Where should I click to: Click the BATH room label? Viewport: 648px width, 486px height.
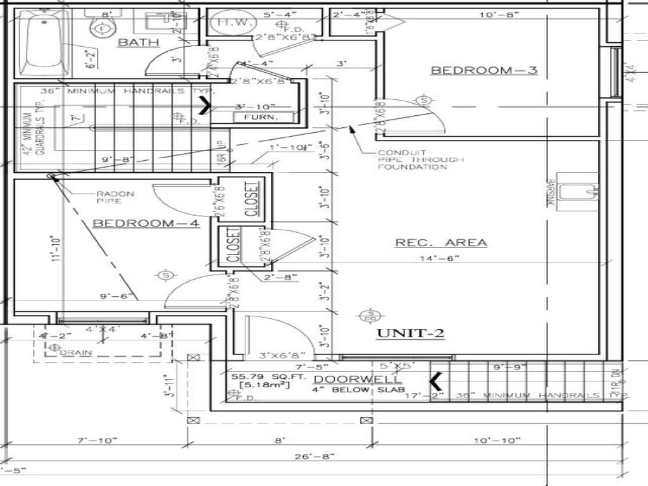tap(139, 42)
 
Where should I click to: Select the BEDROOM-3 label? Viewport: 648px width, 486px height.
tap(484, 70)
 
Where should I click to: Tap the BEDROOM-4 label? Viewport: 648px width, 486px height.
tap(146, 223)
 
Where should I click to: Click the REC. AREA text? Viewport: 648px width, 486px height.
tap(441, 242)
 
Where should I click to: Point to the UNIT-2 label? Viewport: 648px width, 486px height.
tap(410, 333)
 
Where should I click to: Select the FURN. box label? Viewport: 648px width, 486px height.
tap(264, 118)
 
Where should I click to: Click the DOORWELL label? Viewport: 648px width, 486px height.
tap(358, 379)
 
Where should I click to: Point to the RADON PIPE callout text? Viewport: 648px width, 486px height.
tap(115, 197)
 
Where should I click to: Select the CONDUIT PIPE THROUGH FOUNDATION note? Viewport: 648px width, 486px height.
tap(421, 159)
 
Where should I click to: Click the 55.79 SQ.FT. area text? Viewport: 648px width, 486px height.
tap(260, 377)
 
